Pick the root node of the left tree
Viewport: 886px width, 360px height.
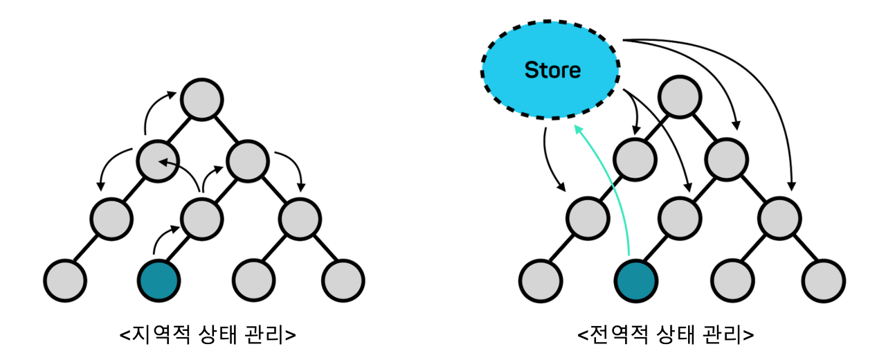pos(201,99)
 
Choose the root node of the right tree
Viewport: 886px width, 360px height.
pos(678,97)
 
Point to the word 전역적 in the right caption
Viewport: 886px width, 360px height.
pos(614,334)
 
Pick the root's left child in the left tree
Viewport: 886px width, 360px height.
pos(156,160)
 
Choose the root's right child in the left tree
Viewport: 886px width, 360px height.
pos(247,160)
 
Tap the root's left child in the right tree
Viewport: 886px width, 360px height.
pos(633,160)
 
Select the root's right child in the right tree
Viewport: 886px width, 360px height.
pos(726,160)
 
